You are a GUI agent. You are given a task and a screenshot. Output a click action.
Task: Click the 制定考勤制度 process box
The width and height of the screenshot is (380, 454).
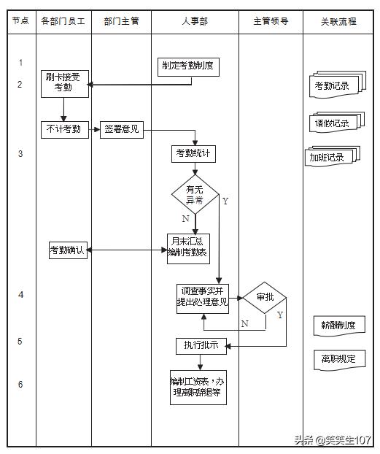(188, 66)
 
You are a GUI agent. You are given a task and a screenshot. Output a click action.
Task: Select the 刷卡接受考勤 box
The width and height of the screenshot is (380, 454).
(65, 83)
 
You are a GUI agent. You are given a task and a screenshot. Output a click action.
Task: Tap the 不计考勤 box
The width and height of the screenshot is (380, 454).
(64, 130)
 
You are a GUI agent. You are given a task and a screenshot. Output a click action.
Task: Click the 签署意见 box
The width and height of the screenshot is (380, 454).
(121, 130)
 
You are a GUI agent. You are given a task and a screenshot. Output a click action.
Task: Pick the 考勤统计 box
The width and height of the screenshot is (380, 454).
(193, 154)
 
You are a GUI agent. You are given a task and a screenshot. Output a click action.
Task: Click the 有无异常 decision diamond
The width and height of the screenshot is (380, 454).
(195, 194)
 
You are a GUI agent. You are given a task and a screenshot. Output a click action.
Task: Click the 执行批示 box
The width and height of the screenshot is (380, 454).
(201, 345)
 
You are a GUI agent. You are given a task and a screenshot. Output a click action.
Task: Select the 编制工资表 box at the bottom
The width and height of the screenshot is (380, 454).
(198, 388)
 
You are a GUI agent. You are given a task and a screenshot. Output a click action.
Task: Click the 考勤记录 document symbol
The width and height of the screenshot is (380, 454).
(332, 85)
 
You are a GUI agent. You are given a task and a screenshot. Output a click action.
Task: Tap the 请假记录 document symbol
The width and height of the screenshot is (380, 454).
(332, 123)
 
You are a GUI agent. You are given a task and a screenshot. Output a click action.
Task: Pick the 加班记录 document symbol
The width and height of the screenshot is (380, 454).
(330, 157)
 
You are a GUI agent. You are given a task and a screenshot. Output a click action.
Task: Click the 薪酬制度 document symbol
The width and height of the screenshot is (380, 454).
(338, 324)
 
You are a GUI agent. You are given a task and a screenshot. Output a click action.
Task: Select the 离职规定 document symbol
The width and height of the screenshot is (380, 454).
(338, 358)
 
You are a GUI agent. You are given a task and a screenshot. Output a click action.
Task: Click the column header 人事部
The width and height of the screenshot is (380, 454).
(195, 21)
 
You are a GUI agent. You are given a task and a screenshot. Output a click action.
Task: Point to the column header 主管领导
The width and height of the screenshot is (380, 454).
(271, 21)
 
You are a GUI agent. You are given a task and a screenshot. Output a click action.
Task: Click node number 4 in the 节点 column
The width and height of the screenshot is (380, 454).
(20, 295)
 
